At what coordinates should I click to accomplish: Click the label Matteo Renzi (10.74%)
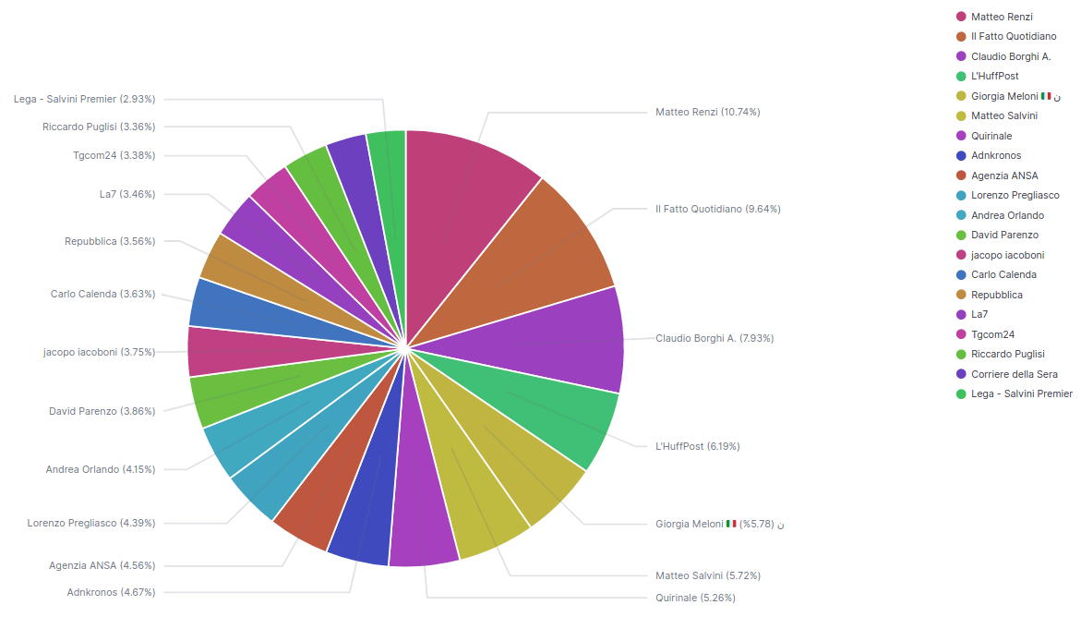pyautogui.click(x=707, y=112)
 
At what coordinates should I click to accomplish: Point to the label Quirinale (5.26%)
pyautogui.click(x=695, y=598)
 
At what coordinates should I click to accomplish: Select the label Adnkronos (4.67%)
pyautogui.click(x=111, y=592)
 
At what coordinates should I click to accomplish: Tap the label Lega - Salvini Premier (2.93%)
pyautogui.click(x=85, y=99)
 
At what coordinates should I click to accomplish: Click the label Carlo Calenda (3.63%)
pyautogui.click(x=102, y=294)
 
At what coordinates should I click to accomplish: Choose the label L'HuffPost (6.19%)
pyautogui.click(x=697, y=446)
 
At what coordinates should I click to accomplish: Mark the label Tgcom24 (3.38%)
pyautogui.click(x=114, y=155)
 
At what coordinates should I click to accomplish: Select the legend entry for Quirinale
pyautogui.click(x=991, y=136)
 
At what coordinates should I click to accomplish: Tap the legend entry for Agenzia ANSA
pyautogui.click(x=1003, y=175)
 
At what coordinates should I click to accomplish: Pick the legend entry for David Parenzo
pyautogui.click(x=1003, y=235)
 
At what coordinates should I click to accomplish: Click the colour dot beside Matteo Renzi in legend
pyautogui.click(x=961, y=17)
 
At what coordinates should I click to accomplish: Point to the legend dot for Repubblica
pyautogui.click(x=961, y=295)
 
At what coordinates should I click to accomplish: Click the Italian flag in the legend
pyautogui.click(x=1046, y=96)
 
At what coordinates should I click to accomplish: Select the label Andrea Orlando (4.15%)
pyautogui.click(x=101, y=469)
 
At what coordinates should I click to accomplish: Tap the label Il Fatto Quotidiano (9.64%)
pyautogui.click(x=717, y=209)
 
